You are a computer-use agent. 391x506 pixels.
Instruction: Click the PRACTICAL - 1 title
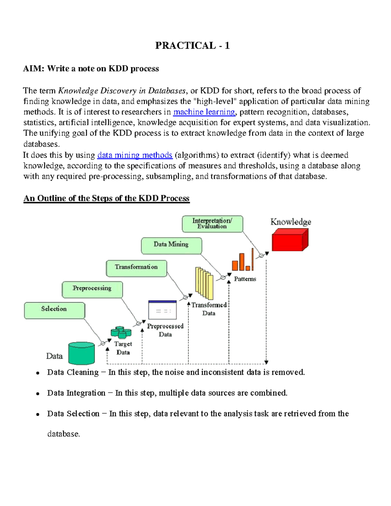pos(192,45)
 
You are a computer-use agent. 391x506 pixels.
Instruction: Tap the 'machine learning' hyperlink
pos(204,112)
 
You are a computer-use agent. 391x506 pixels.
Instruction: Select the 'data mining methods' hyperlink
pos(135,155)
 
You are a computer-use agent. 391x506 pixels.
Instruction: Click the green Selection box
pos(54,311)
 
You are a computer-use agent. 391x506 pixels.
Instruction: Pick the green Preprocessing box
pos(92,289)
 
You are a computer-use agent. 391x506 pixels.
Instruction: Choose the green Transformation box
pos(136,268)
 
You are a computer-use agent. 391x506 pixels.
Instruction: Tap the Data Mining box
pos(171,245)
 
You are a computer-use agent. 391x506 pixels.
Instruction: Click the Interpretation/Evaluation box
pos(212,224)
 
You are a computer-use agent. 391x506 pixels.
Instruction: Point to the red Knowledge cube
pos(289,240)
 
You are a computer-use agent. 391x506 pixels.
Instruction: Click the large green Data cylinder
pos(81,353)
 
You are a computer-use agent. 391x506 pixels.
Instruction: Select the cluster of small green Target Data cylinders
pos(121,333)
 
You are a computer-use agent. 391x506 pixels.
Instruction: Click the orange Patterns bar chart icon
pos(243,261)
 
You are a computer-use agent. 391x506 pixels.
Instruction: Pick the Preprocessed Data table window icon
pos(162,310)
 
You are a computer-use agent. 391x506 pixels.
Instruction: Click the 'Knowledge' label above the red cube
pos(291,222)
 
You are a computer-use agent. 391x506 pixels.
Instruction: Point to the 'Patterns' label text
pos(245,279)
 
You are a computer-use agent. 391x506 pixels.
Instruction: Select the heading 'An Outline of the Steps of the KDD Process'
pos(106,198)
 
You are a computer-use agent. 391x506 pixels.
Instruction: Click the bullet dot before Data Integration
pos(38,394)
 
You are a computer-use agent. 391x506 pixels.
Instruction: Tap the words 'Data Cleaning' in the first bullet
pos(73,372)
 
